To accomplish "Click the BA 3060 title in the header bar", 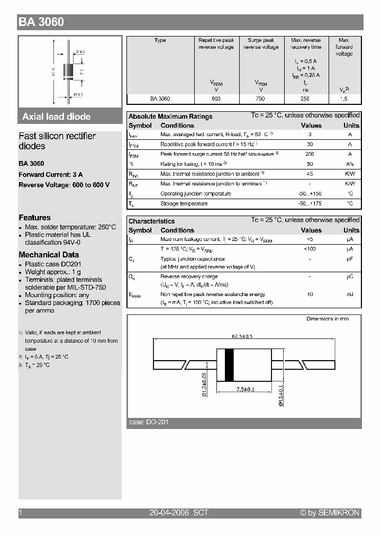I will coord(42,22).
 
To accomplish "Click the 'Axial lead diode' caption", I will coord(56,117).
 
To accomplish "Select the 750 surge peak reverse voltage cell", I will coord(261,99).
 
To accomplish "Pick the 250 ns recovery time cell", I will coord(305,99).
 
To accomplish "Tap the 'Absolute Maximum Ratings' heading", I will coord(170,116).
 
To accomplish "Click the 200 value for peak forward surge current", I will coord(310,154).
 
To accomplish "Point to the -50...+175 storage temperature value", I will coord(310,203).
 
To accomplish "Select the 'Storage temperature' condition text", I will coord(184,203).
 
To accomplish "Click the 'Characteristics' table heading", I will coord(151,221).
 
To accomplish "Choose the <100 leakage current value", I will coord(310,248).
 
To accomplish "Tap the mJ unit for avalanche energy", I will coord(350,294).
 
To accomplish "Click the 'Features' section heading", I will coord(35,218).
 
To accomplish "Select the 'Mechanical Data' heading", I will coord(49,255).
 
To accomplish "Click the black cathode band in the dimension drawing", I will coord(229,365).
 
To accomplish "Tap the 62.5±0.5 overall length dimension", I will coord(243,336).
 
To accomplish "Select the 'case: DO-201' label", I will coord(149,422).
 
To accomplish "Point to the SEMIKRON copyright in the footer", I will coord(330,513).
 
